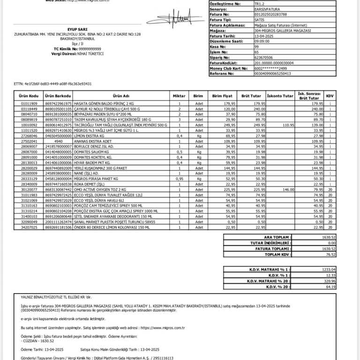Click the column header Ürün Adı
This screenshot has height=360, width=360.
click(120, 96)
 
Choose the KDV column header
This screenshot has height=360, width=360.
click(330, 96)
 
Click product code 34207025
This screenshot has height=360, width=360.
click(29, 227)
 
